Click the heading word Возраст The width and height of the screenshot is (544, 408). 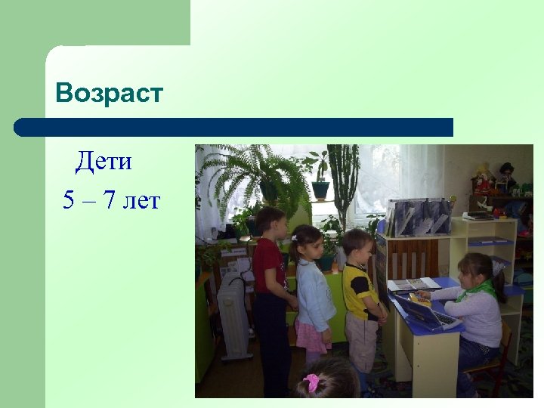click(109, 93)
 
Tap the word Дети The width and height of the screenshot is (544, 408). click(104, 161)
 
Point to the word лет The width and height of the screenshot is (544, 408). click(144, 200)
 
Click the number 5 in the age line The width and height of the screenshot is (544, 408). click(69, 200)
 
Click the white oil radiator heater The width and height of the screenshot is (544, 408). click(235, 317)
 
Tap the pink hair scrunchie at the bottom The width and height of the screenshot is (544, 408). click(311, 382)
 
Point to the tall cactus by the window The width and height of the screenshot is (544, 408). click(344, 181)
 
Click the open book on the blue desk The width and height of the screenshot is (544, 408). click(412, 284)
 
